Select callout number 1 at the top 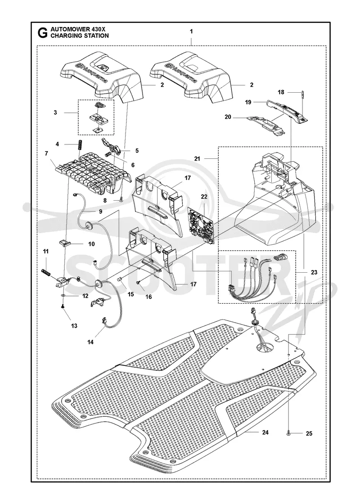tap(191, 31)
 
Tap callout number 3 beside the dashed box tap(56, 112)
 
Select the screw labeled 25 tap(288, 434)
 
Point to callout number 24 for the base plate tap(265, 432)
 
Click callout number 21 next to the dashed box tap(197, 159)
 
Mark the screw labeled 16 tap(138, 282)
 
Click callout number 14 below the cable tap(90, 342)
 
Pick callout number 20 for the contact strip tap(228, 117)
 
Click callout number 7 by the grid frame tap(47, 153)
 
